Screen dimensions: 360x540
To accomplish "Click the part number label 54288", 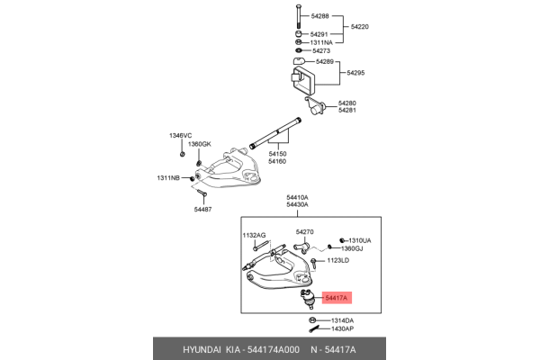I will pyautogui.click(x=321, y=15).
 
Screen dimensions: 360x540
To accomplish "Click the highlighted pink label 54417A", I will pyautogui.click(x=336, y=297).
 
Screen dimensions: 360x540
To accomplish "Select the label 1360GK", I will pyautogui.click(x=200, y=144).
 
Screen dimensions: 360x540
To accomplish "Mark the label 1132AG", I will pyautogui.click(x=254, y=235).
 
